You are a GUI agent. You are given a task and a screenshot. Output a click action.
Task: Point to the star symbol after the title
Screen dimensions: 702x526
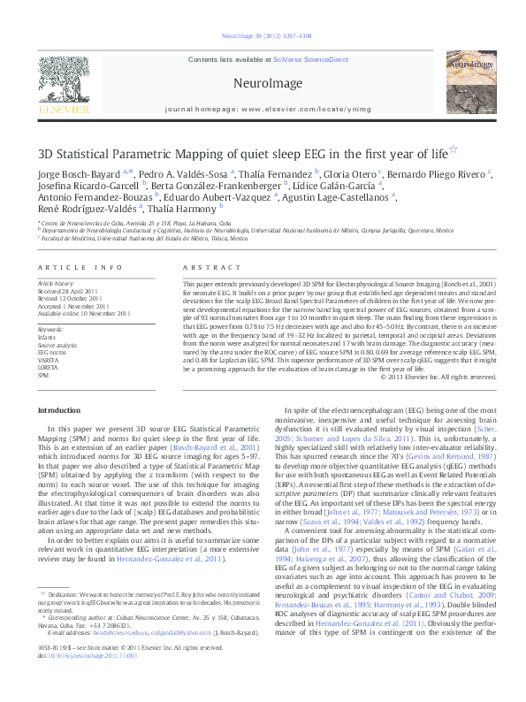click(x=429, y=150)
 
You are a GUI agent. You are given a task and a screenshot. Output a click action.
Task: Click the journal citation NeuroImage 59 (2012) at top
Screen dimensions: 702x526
click(x=263, y=36)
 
